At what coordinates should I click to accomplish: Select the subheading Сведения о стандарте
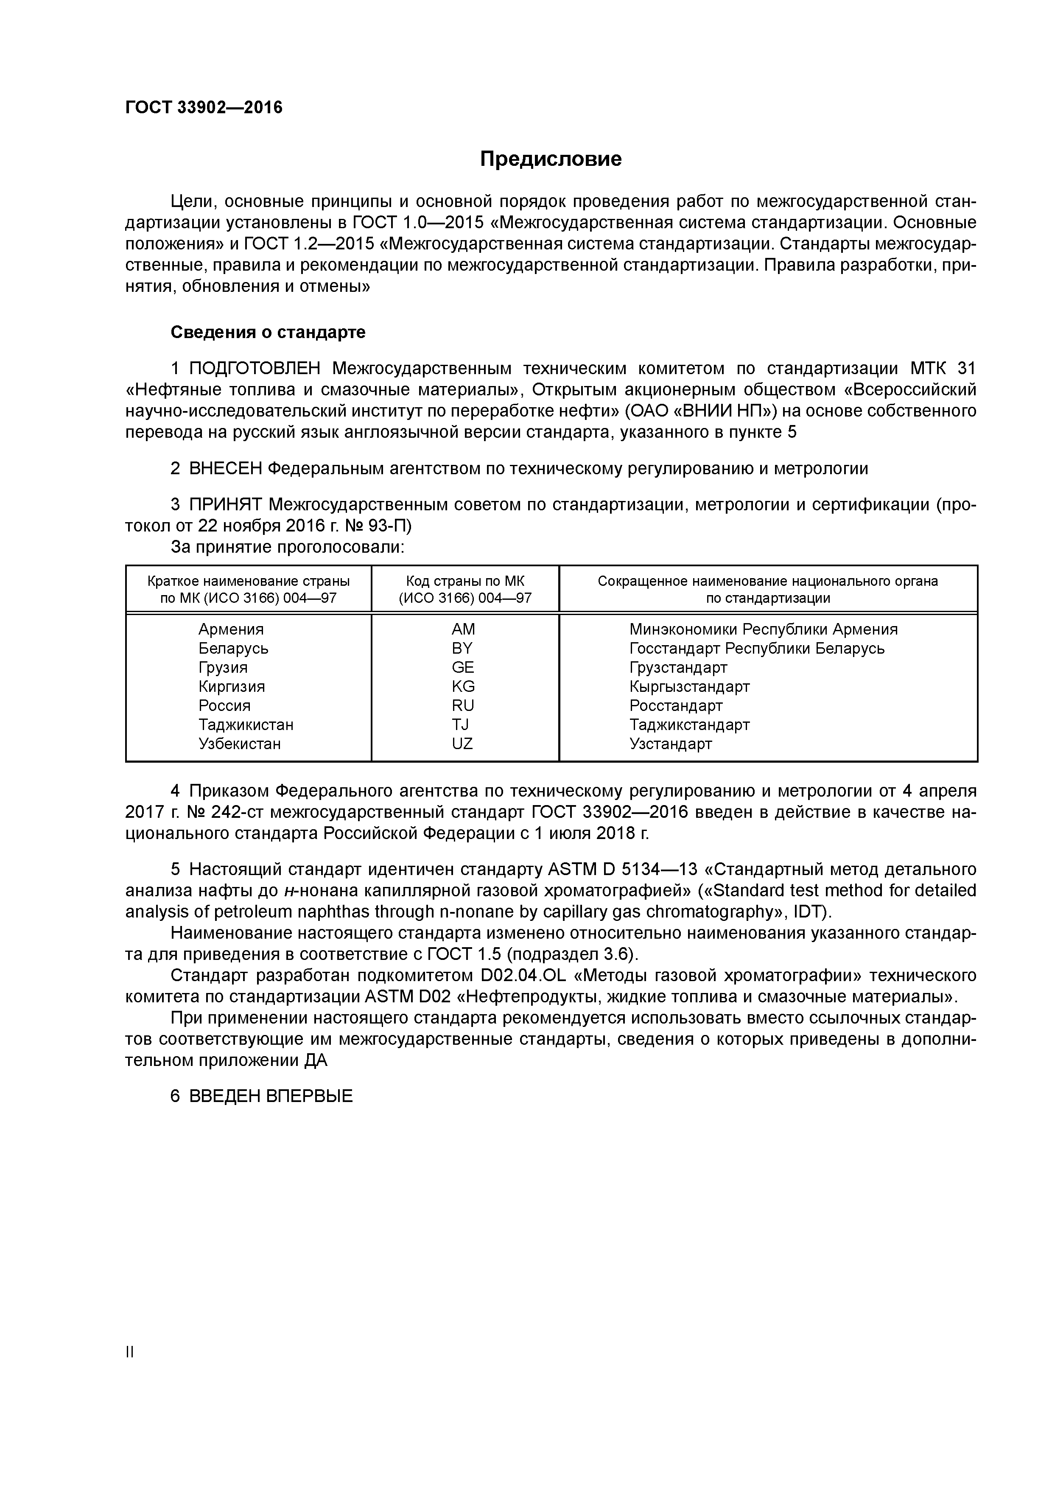coord(268,333)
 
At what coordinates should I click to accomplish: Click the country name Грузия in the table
coord(223,668)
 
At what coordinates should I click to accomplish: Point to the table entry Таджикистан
coord(246,724)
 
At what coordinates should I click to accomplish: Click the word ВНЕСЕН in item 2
coord(224,469)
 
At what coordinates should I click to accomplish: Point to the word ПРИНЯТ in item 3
coord(225,505)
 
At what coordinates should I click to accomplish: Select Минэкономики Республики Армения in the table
coord(763,629)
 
